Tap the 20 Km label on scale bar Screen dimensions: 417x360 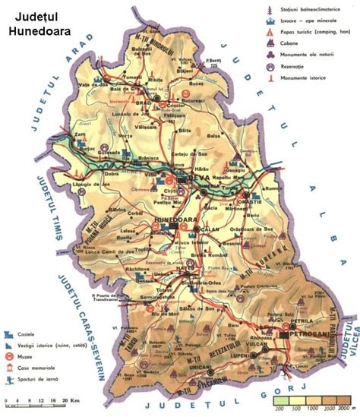pyautogui.click(x=72, y=400)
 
